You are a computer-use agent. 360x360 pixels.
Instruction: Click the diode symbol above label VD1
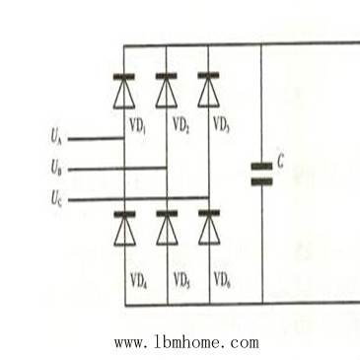[124, 91]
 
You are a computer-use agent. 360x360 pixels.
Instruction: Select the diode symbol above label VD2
[167, 91]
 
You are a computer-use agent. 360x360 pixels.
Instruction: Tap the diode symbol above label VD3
[208, 91]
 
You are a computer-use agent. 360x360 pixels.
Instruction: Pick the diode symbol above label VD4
[124, 228]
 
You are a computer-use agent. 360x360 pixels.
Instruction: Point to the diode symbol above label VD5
[167, 228]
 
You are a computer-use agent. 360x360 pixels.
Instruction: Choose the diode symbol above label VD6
[208, 228]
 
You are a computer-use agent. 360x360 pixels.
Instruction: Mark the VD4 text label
[139, 279]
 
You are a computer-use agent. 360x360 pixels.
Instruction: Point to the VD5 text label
[181, 279]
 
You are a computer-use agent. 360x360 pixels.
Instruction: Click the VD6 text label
[223, 279]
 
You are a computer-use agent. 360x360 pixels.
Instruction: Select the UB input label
[57, 169]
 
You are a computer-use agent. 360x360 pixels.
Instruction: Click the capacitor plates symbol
[261, 174]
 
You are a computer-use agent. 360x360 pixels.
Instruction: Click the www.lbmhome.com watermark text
[186, 342]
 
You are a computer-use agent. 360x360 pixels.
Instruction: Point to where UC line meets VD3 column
[208, 199]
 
